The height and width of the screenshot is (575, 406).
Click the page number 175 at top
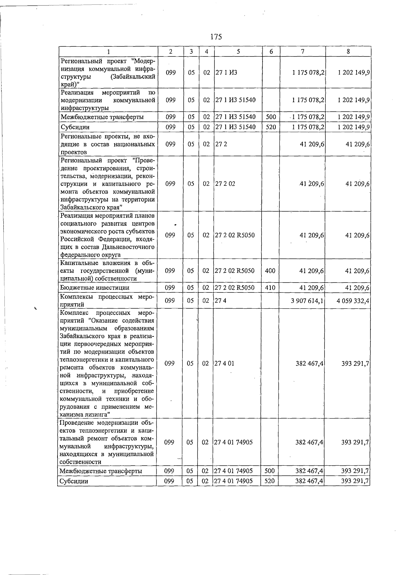(x=216, y=37)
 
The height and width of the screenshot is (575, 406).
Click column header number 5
(x=238, y=51)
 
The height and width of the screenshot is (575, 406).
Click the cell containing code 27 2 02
(x=225, y=184)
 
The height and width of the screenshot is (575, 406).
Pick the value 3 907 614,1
(x=307, y=301)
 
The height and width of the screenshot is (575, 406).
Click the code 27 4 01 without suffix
(x=224, y=363)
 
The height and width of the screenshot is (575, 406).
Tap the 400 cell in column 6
(x=270, y=271)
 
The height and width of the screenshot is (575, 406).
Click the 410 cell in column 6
(x=270, y=288)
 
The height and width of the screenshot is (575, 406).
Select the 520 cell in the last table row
(x=269, y=481)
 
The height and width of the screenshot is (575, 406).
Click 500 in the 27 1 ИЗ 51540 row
(x=271, y=117)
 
